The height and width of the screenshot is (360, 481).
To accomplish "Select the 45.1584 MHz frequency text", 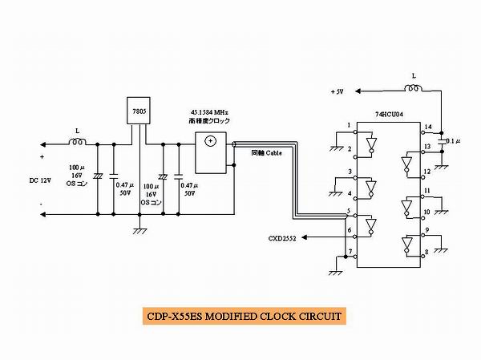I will (x=211, y=111).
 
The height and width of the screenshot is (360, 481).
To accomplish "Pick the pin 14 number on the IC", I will (x=428, y=127).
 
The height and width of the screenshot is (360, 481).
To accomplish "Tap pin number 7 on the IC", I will (x=349, y=253).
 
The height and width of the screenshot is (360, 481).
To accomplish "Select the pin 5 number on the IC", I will (x=349, y=212).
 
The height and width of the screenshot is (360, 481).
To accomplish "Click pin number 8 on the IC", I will (x=428, y=253).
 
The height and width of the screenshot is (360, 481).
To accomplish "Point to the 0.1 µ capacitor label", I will (x=454, y=141).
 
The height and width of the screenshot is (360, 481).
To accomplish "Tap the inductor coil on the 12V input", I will (x=78, y=144).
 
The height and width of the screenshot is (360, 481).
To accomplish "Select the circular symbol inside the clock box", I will (x=211, y=142).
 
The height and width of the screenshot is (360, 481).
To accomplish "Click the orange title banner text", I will (x=240, y=315).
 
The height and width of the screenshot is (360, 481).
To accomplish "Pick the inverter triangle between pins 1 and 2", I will (x=370, y=144).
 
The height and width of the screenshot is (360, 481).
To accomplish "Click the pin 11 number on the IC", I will (x=428, y=191).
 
